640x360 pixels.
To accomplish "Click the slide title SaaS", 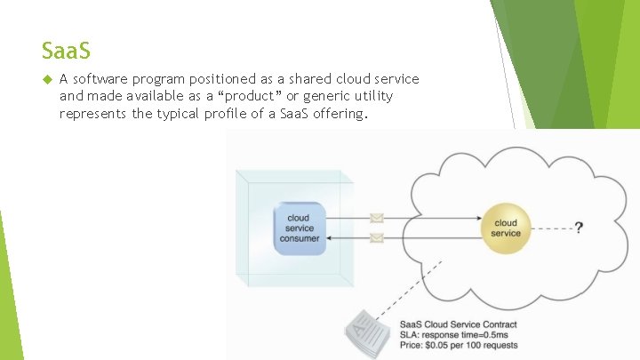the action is coord(66,48).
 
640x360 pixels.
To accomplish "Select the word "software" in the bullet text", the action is coord(101,79).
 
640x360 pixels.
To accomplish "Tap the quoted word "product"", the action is coord(276,95).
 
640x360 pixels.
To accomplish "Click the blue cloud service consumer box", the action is coord(299,228).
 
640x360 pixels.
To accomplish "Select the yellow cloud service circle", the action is coord(505,228).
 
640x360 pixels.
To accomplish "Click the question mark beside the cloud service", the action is coord(579,228).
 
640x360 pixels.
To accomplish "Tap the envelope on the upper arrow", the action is coord(376,218).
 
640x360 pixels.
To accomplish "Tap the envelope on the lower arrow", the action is coord(376,237).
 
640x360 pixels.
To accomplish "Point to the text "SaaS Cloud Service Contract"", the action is coord(458,324).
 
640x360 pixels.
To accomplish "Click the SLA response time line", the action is coord(452,335).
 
